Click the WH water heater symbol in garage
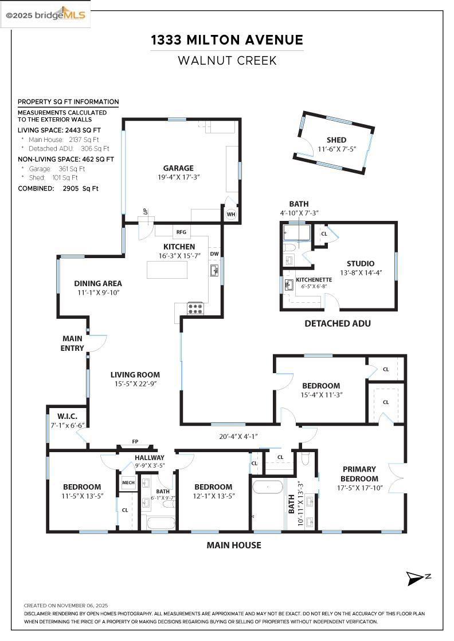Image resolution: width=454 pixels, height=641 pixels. click(231, 214)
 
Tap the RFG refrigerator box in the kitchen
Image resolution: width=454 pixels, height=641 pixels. click(181, 232)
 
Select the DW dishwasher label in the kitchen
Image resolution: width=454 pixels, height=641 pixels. click(214, 254)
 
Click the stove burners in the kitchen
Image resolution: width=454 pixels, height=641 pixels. click(195, 308)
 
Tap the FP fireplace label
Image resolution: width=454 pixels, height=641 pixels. click(135, 441)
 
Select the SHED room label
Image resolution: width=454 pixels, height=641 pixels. click(336, 140)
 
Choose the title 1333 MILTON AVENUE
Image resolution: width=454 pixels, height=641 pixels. click(227, 40)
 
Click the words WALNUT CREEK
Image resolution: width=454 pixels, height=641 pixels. click(227, 61)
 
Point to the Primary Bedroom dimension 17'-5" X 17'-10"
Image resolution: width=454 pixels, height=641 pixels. click(359, 488)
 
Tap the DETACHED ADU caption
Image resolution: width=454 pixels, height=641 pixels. click(337, 323)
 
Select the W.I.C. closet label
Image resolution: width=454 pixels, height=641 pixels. click(67, 416)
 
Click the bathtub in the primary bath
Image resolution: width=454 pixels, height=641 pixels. click(268, 488)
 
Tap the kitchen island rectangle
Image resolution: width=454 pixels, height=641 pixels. click(167, 269)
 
